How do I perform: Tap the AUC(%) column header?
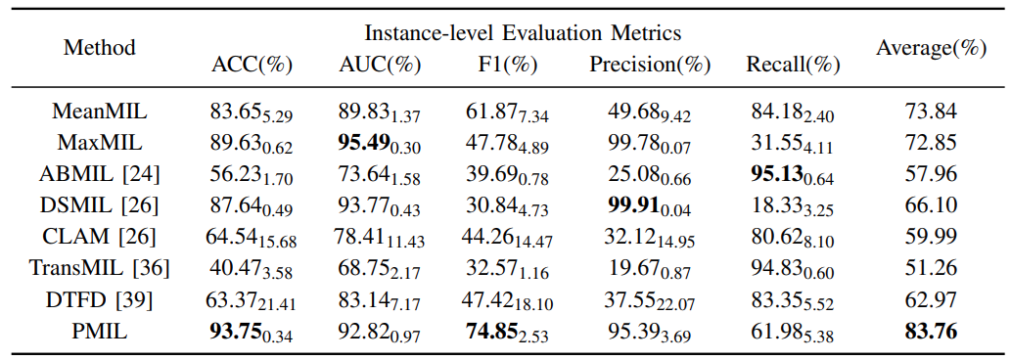click(x=380, y=65)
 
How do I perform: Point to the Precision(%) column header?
click(x=650, y=65)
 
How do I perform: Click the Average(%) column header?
click(x=931, y=48)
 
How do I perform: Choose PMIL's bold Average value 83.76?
click(x=931, y=333)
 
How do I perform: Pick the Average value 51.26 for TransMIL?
click(x=931, y=269)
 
